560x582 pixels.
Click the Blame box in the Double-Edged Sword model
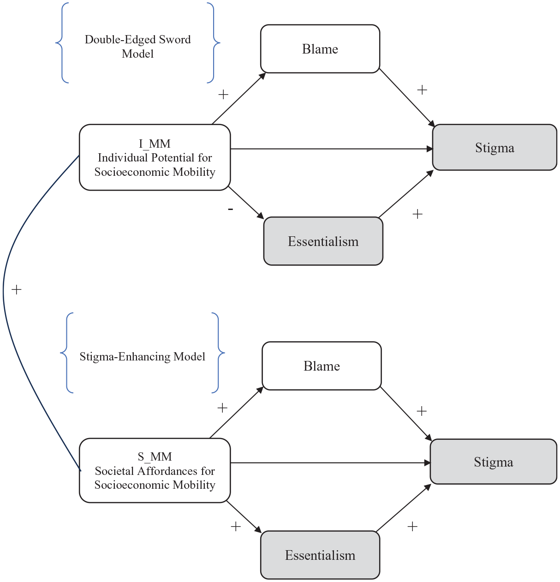tap(320, 49)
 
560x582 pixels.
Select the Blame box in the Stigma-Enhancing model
tap(322, 366)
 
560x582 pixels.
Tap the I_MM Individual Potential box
tap(155, 157)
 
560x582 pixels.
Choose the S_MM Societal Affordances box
tap(155, 470)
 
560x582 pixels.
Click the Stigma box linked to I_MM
tap(494, 147)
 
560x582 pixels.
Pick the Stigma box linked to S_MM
tap(493, 462)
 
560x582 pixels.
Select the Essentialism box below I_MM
tap(323, 241)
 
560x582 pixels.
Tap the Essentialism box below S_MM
tap(320, 555)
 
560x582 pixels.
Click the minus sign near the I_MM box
tap(230, 209)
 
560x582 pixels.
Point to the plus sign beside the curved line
tap(17, 289)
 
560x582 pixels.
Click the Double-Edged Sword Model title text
tap(137, 46)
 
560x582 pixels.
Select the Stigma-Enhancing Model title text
tap(143, 356)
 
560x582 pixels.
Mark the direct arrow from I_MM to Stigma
tap(332, 149)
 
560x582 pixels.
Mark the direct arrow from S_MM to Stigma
tap(330, 463)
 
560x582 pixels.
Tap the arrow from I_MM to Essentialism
tap(246, 203)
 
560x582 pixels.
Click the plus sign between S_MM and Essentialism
tap(236, 526)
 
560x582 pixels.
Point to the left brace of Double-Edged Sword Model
tap(62, 43)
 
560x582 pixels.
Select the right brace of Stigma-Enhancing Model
tap(218, 353)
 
